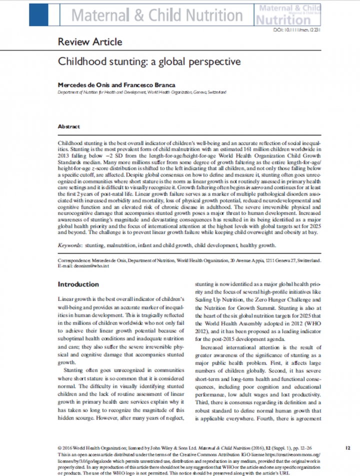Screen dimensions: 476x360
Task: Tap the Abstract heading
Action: point(69,126)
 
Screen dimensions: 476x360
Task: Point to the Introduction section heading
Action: point(78,284)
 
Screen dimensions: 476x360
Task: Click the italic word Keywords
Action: point(69,245)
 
